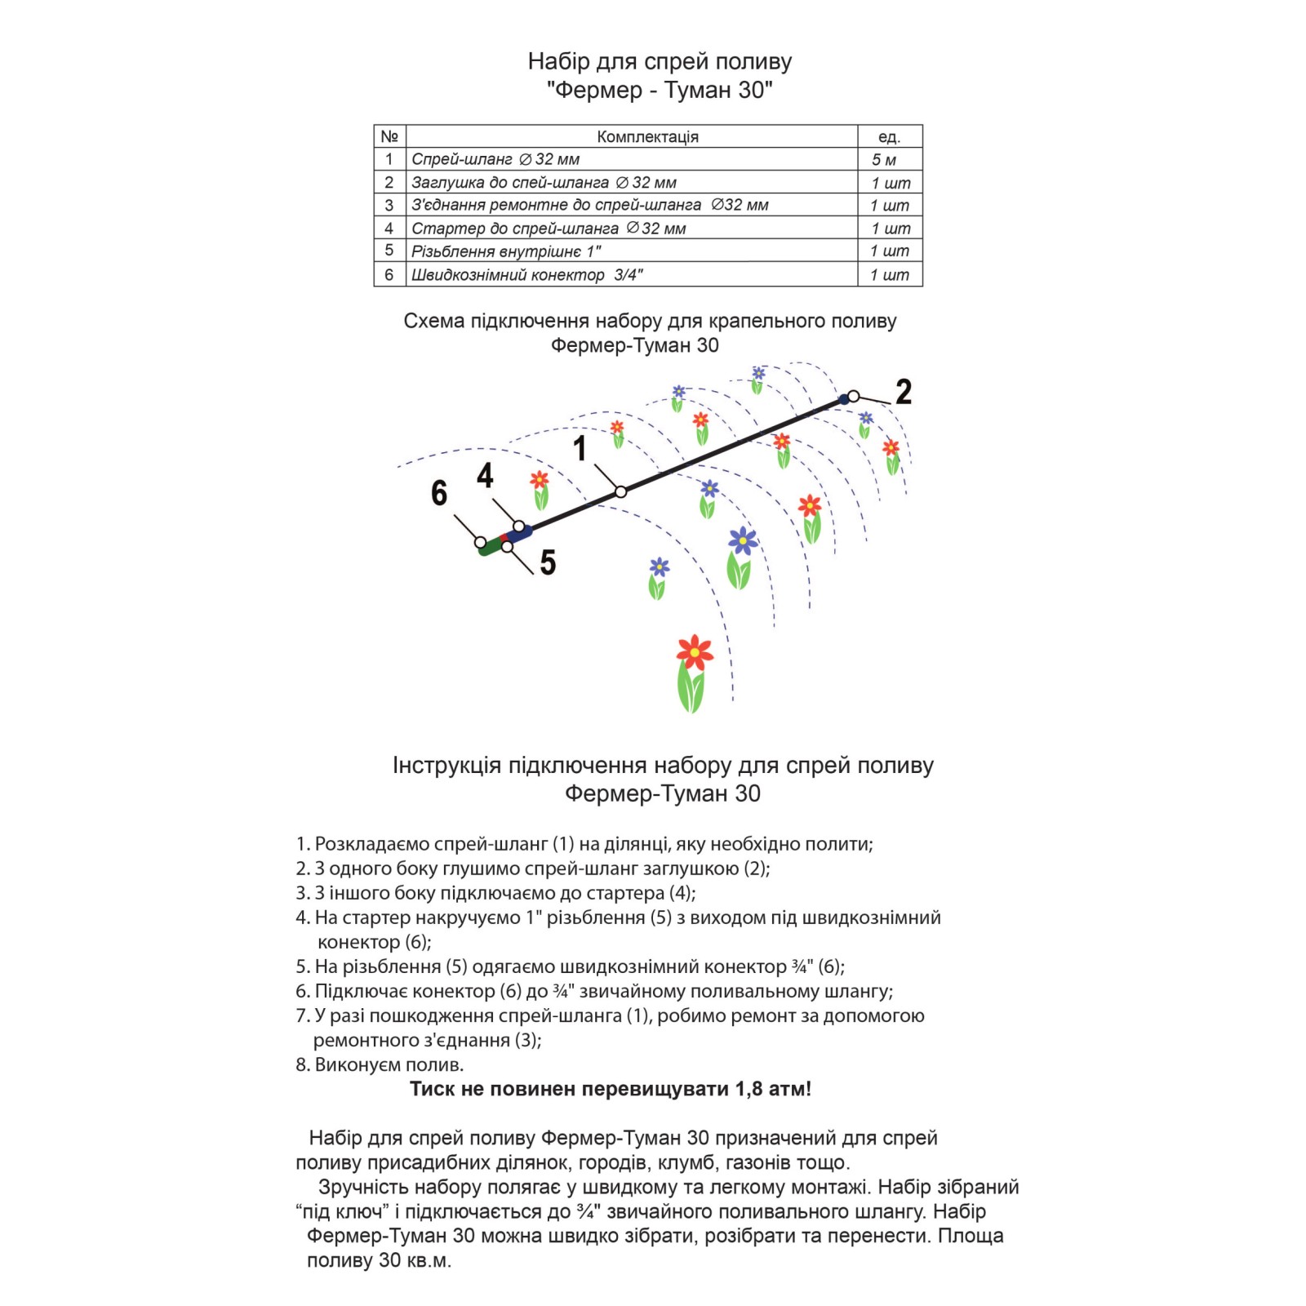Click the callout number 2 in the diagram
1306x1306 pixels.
(903, 392)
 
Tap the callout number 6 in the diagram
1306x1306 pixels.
(439, 493)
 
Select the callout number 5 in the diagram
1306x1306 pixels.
(548, 562)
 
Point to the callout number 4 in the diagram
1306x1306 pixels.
(485, 475)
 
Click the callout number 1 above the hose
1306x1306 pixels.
(580, 448)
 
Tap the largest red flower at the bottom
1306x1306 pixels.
(694, 651)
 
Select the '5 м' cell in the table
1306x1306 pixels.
(884, 160)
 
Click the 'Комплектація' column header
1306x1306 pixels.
(647, 136)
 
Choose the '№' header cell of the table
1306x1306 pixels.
(389, 136)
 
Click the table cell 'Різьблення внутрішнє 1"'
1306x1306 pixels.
(506, 251)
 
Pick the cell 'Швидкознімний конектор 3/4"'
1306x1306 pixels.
(526, 275)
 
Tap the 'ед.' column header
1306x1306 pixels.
(889, 136)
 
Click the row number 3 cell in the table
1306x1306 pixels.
(389, 206)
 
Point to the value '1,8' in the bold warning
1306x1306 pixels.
(749, 1089)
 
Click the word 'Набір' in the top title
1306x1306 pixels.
(558, 62)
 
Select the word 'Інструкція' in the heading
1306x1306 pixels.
(446, 766)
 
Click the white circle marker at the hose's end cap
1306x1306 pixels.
(853, 397)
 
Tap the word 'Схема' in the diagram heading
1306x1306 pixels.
(434, 322)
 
